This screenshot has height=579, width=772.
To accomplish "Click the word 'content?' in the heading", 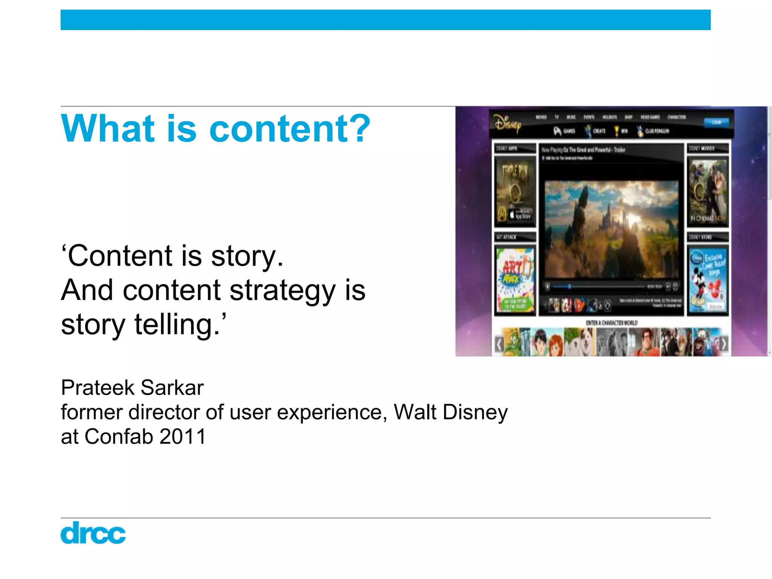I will pyautogui.click(x=289, y=129).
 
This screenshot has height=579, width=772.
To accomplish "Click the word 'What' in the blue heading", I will pyautogui.click(x=108, y=129).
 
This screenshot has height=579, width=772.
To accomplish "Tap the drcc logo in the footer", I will pyautogui.click(x=93, y=533).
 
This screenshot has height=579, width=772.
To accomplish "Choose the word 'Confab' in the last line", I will pyautogui.click(x=119, y=437).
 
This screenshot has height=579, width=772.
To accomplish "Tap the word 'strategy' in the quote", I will pyautogui.click(x=282, y=290).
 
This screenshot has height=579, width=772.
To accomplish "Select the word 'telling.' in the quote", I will pyautogui.click(x=177, y=325).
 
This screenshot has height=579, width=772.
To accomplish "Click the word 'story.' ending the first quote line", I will pyautogui.click(x=247, y=256).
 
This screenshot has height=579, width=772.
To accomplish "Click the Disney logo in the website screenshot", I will pyautogui.click(x=508, y=123).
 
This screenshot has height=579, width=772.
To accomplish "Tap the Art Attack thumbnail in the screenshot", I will pyautogui.click(x=515, y=280).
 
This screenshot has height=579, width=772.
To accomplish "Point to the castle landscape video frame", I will pyautogui.click(x=611, y=230).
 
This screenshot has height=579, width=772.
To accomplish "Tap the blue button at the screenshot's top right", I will pyautogui.click(x=716, y=122).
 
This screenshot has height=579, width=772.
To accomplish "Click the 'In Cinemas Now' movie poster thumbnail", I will pyautogui.click(x=708, y=191).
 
